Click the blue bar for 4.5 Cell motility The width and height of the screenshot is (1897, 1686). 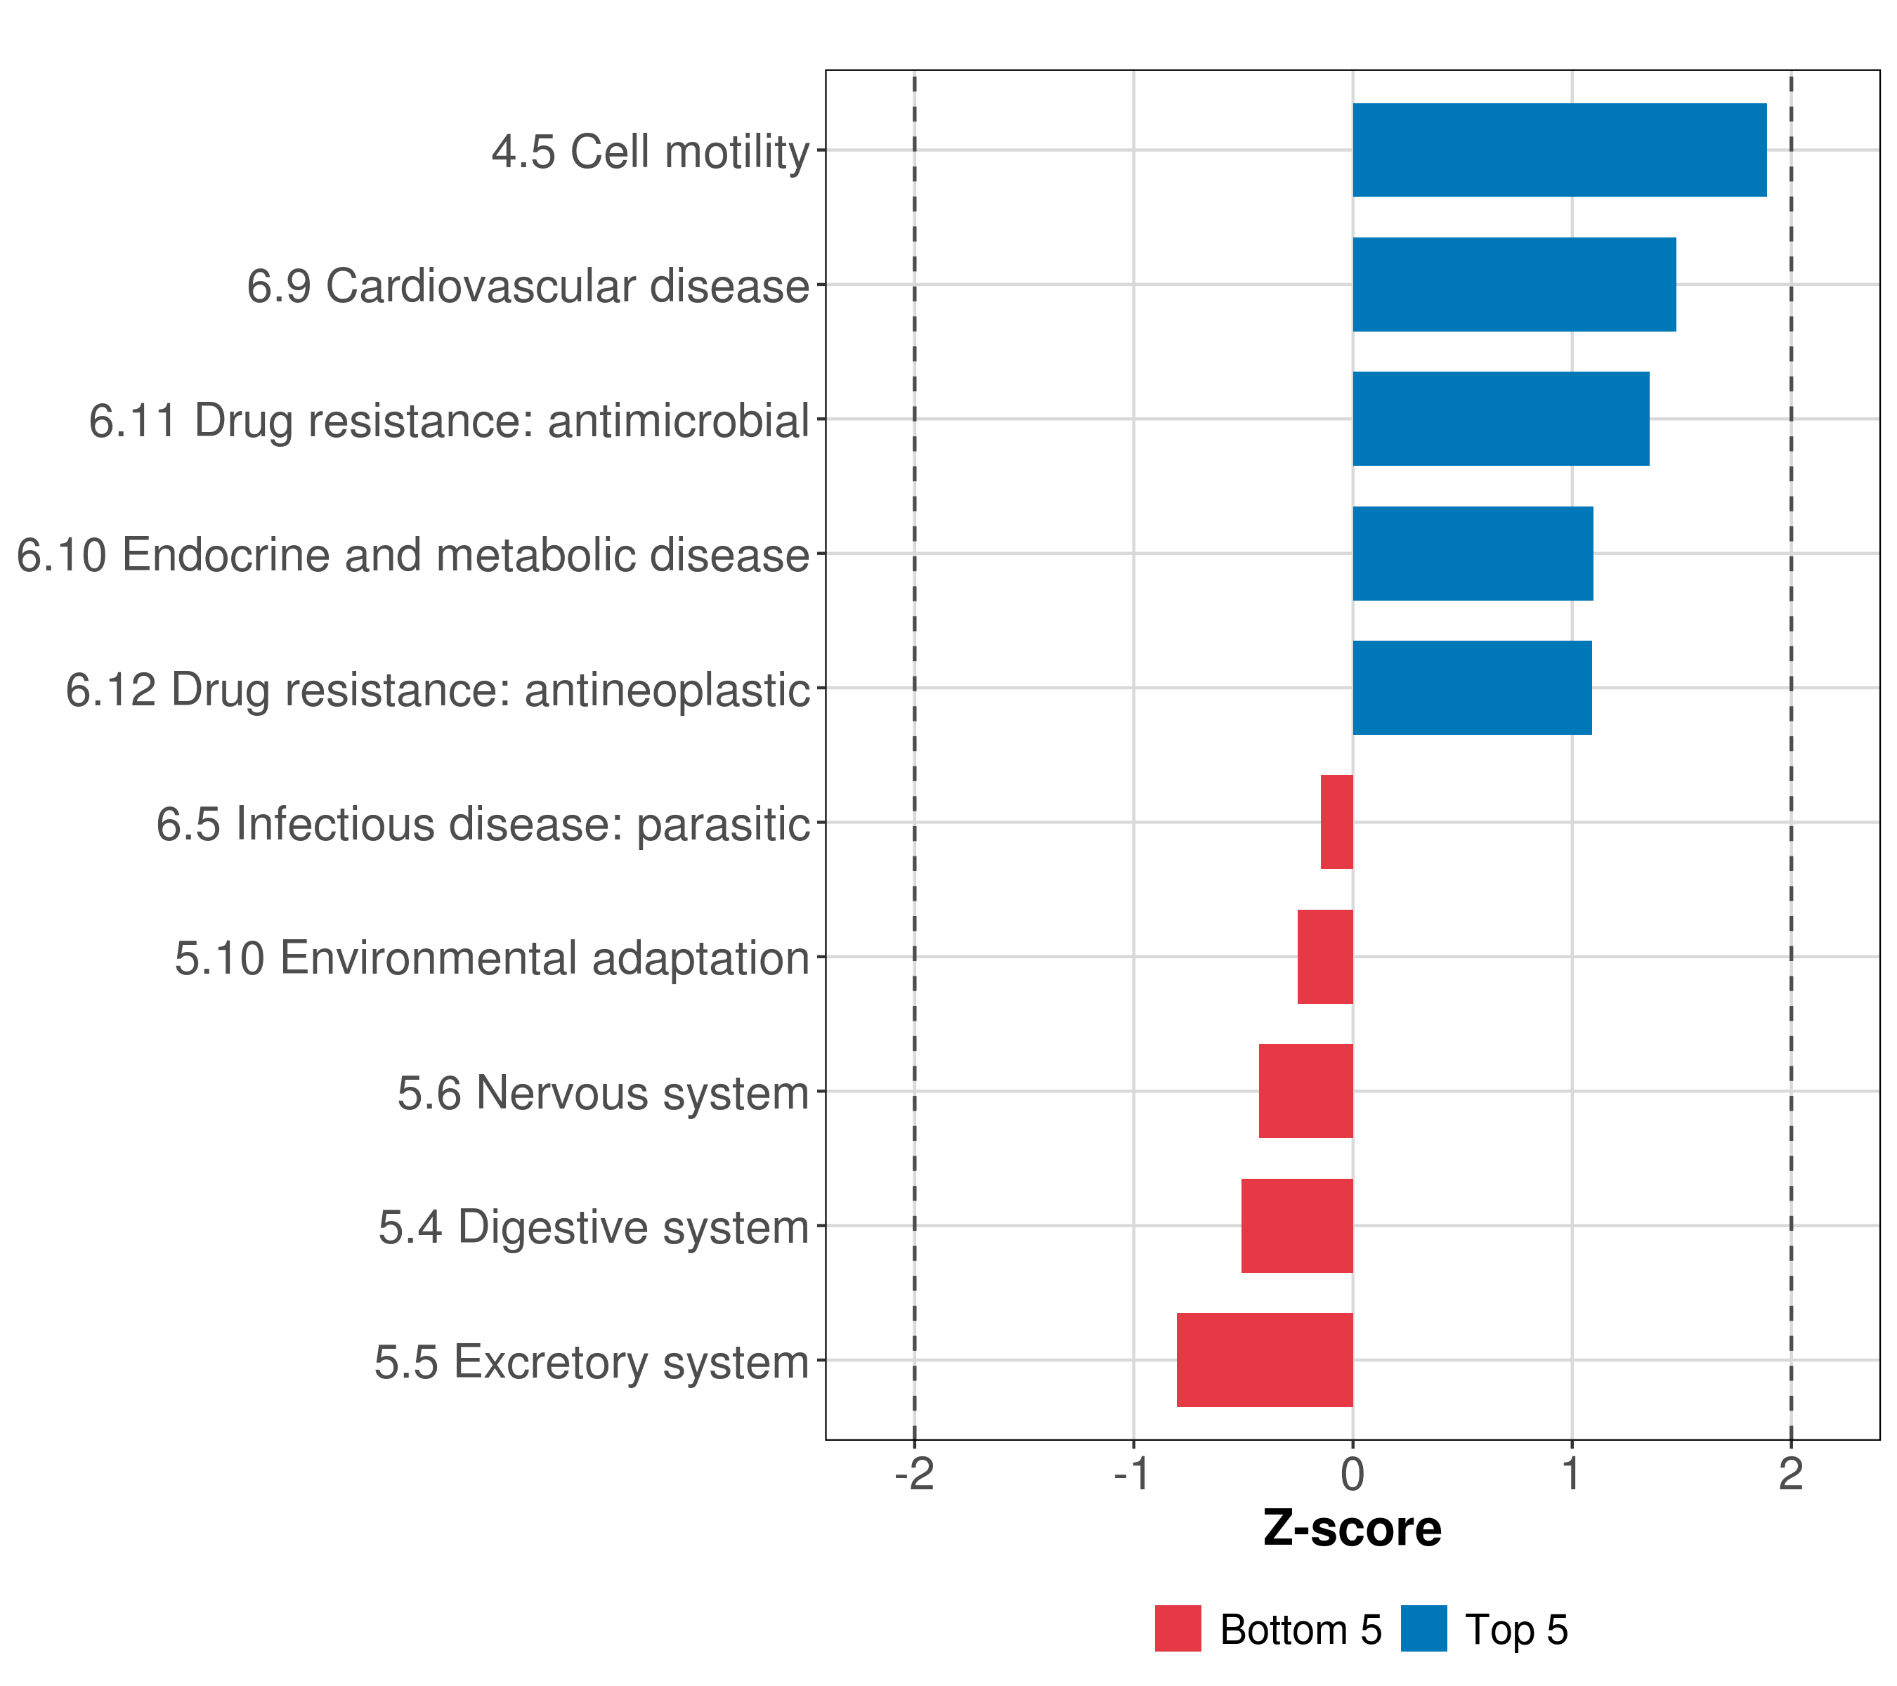point(1559,150)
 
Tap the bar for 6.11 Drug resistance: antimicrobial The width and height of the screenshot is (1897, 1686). point(1501,419)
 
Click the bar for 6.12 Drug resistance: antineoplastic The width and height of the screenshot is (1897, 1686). point(1472,688)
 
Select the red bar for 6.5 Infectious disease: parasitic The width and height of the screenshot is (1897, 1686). point(1336,822)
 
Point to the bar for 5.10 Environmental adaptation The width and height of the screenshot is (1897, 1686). point(1324,957)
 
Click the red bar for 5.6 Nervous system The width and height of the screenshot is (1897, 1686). point(1306,1091)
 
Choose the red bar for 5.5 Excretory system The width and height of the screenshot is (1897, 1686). point(1264,1360)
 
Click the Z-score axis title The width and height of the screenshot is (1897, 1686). point(1352,1529)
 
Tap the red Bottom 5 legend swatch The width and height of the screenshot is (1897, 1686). point(1178,1628)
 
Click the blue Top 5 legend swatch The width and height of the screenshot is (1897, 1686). point(1423,1628)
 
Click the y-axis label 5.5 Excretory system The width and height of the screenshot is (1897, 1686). point(591,1362)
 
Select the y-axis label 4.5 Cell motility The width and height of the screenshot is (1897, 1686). point(651,151)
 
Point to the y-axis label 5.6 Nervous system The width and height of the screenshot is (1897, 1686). point(604,1093)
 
